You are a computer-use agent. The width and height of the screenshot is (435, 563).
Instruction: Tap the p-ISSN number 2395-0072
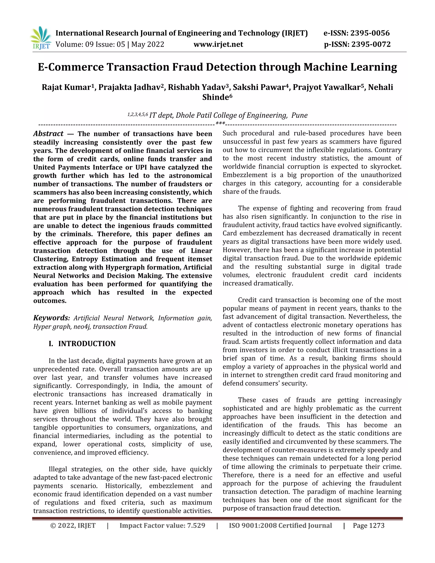(371, 45)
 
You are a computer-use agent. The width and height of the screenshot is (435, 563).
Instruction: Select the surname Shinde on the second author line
(215, 98)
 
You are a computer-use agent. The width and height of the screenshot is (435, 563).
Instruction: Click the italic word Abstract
(48, 134)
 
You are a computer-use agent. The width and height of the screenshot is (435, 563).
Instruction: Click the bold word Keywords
(51, 318)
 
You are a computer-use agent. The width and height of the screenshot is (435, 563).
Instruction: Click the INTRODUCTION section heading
(87, 344)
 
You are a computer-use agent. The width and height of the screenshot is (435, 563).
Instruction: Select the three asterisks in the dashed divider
(220, 123)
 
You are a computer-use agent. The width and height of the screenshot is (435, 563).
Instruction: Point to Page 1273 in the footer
(368, 526)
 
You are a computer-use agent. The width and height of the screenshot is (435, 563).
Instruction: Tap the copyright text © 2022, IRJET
(73, 526)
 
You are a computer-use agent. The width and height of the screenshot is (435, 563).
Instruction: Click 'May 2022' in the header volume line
(148, 45)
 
